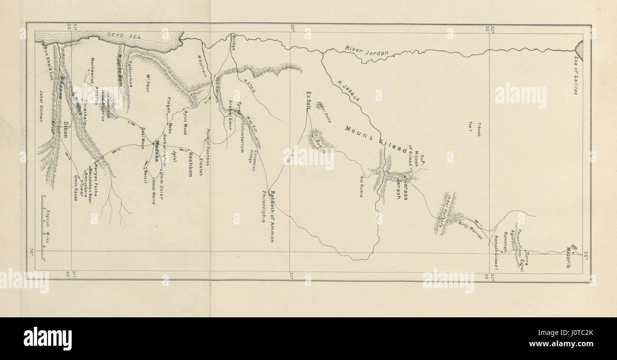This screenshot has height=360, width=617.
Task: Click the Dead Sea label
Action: tap(115, 35)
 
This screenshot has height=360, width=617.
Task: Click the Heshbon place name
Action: tap(190, 164)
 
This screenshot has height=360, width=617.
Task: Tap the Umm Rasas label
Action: tap(75, 188)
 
